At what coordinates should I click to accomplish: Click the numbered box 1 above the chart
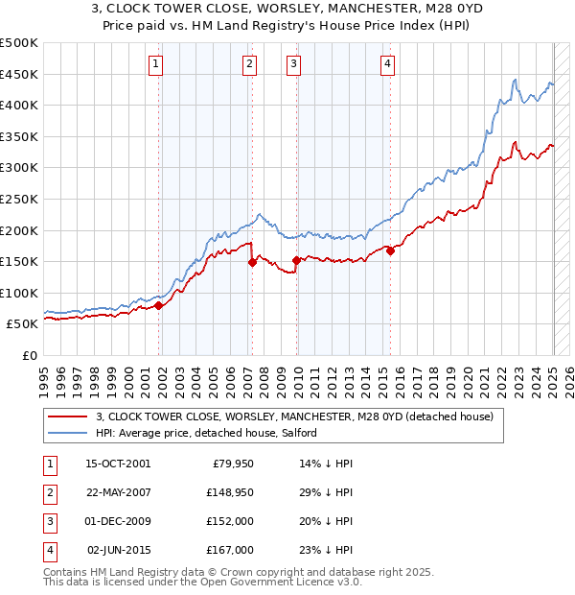click(x=155, y=64)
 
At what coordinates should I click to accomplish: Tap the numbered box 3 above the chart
click(x=292, y=64)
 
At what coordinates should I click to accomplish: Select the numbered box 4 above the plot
click(x=387, y=64)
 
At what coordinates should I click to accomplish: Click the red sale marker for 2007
click(x=252, y=262)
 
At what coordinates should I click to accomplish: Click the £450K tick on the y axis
click(x=19, y=74)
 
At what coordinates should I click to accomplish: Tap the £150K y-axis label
click(x=19, y=261)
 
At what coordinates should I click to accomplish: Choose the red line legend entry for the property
click(x=294, y=416)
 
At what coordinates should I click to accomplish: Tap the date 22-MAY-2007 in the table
click(x=118, y=492)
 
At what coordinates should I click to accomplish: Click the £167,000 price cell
click(x=230, y=550)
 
